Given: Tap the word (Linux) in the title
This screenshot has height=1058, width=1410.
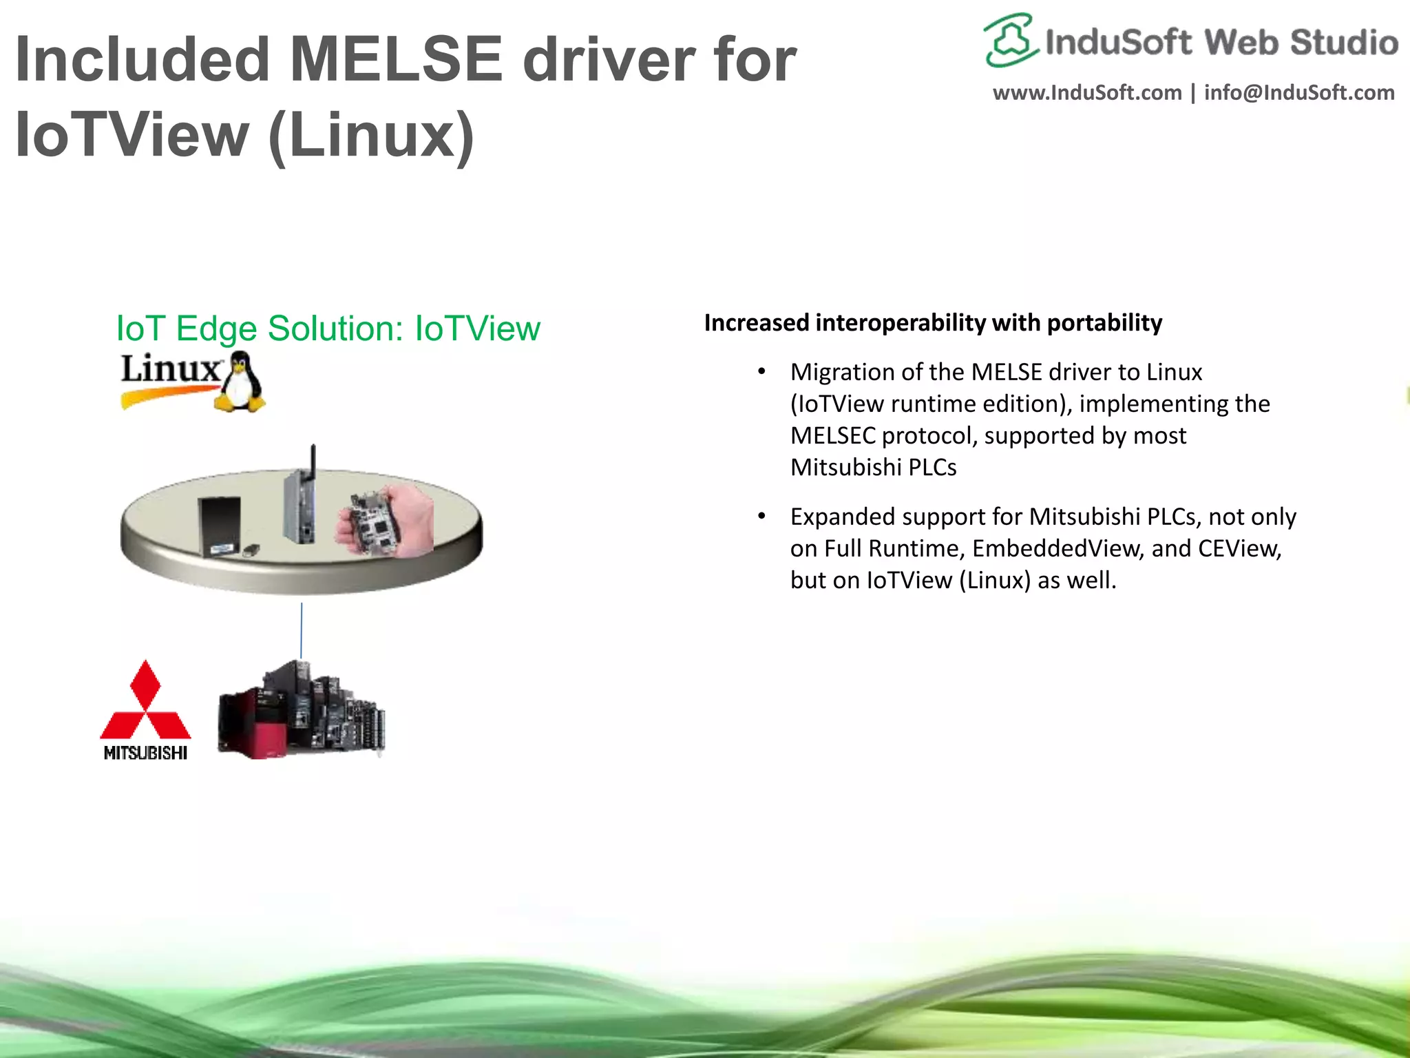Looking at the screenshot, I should click(372, 135).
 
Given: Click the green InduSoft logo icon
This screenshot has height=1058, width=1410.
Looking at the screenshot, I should click(1010, 40).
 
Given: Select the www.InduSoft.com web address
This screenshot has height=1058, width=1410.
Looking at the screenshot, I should click(1086, 93).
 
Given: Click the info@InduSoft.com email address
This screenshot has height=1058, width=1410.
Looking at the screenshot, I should click(1299, 93).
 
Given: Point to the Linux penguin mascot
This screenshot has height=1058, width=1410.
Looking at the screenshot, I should click(240, 382).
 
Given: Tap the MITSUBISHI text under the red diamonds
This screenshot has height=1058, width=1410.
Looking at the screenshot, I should click(145, 753).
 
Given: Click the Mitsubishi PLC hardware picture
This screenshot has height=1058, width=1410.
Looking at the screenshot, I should click(301, 710).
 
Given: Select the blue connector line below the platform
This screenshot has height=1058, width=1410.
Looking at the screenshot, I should click(301, 630).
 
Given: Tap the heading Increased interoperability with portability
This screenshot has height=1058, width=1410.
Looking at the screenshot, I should click(933, 323).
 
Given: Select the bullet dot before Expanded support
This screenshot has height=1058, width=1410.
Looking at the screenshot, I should click(761, 517).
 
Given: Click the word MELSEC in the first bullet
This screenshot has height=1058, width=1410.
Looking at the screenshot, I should click(832, 436).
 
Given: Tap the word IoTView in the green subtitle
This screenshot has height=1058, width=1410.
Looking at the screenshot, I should click(477, 329).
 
